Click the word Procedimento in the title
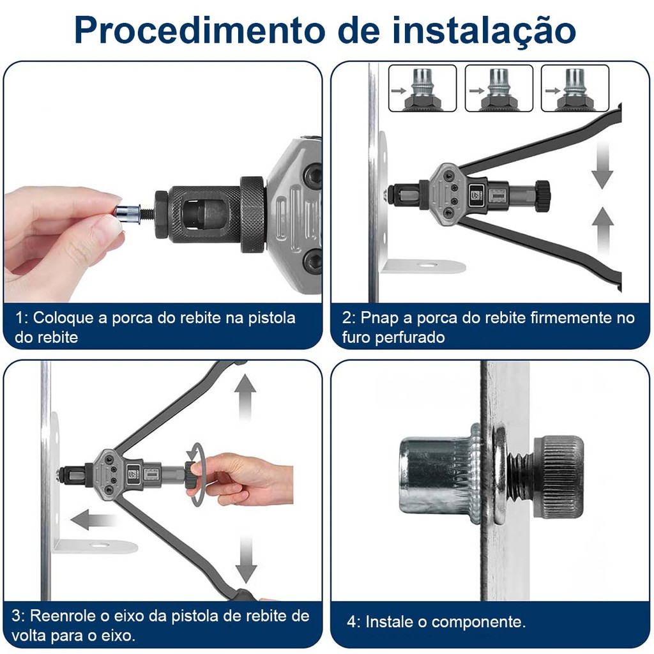(x=200, y=30)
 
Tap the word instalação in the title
(x=484, y=31)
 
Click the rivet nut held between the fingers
(x=128, y=213)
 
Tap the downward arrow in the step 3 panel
(x=246, y=559)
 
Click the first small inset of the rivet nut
(x=423, y=88)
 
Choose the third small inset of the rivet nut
(x=575, y=88)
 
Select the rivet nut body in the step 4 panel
(x=438, y=475)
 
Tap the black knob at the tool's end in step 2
(x=543, y=195)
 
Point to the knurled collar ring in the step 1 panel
(x=253, y=215)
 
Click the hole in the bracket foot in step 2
(x=427, y=264)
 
